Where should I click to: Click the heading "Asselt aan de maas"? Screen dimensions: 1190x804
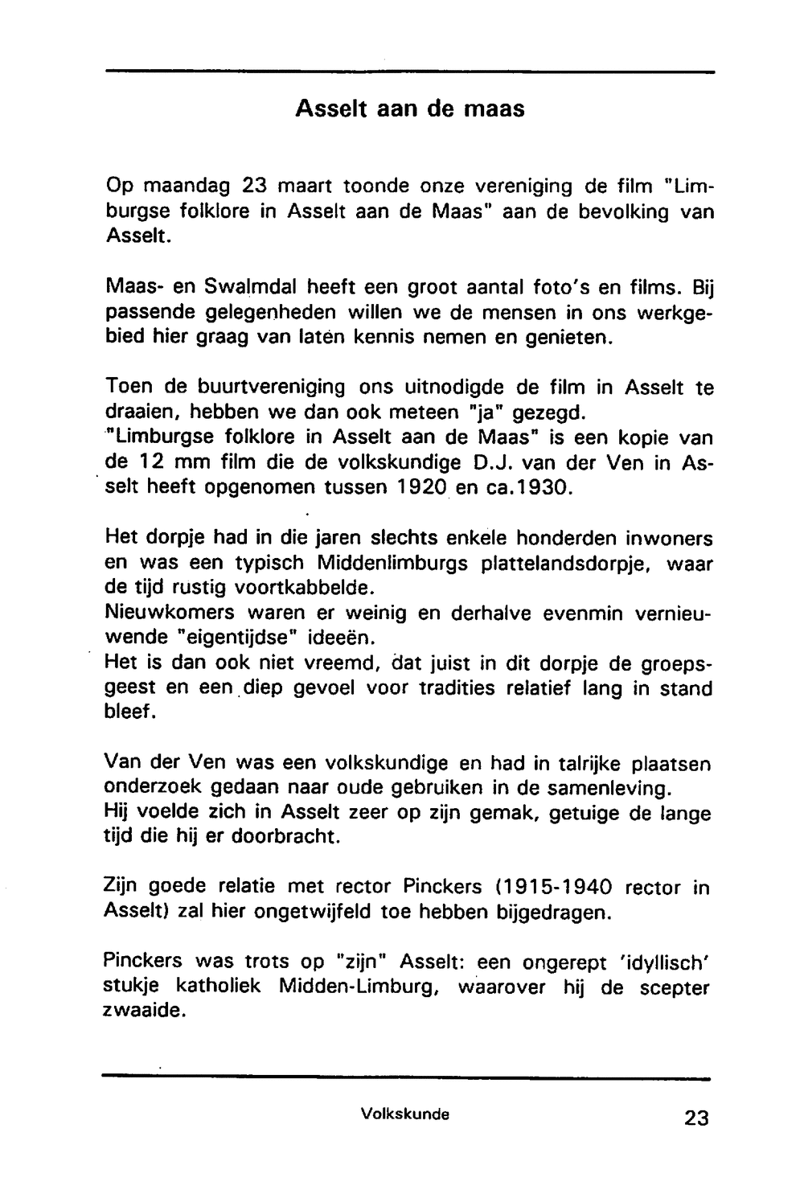coord(409,109)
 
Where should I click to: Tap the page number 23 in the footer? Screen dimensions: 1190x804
coord(696,1118)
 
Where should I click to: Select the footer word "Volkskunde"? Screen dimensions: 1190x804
coord(404,1114)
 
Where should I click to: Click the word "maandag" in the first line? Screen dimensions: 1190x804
coord(187,187)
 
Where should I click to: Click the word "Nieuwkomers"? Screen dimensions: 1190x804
coord(170,612)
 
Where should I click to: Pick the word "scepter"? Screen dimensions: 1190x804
coord(675,987)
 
